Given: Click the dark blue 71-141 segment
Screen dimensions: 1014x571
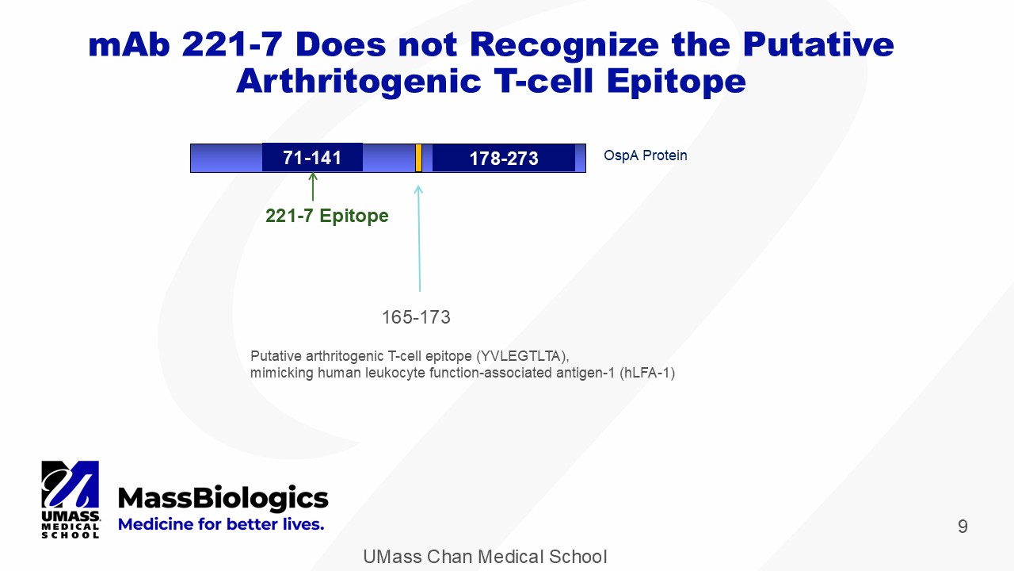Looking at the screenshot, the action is coord(312,157).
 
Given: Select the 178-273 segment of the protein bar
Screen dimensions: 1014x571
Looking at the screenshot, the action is coord(504,158).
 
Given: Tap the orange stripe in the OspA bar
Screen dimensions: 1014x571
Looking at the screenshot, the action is coord(419,158).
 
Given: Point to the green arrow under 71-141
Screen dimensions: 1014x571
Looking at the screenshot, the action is coord(313,186).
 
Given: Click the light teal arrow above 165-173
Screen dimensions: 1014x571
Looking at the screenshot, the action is coord(419,239).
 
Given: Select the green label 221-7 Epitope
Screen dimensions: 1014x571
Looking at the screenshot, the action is coord(327,216).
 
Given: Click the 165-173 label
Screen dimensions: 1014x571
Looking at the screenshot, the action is coord(416,317).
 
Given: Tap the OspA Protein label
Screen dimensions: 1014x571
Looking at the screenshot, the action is coord(645,155).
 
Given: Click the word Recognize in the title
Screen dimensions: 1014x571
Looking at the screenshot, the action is coord(564,46).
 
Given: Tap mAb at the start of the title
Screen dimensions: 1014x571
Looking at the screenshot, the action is coord(129,44).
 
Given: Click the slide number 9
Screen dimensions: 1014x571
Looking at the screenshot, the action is coord(963,526).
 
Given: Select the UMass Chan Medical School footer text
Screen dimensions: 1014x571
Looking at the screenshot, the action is coord(485,557).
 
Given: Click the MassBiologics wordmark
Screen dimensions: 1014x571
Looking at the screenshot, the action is coord(223,499).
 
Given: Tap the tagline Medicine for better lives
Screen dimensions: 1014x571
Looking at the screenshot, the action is coord(221,524).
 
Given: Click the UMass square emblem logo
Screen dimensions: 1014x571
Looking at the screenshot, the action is coord(71,485).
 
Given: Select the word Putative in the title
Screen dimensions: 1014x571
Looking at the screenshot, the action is coord(818,44).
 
